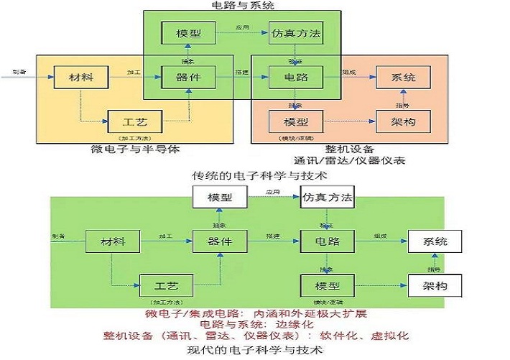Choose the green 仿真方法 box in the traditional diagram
[x=295, y=33]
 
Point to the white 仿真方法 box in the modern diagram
[x=326, y=197]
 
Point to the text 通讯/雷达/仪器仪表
[x=349, y=160]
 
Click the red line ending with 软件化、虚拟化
[x=256, y=336]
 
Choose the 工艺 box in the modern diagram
[x=167, y=285]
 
